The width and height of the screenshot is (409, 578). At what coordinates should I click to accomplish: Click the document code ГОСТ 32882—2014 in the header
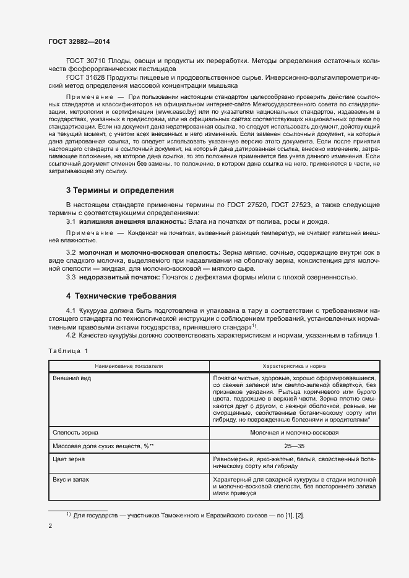click(x=79, y=41)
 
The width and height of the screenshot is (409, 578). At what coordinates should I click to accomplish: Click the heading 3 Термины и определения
click(x=119, y=190)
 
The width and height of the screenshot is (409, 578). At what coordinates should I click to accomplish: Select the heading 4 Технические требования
click(x=121, y=296)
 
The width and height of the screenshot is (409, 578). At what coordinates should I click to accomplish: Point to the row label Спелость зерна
click(x=75, y=433)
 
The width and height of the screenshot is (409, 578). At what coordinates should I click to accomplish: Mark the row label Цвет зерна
click(x=69, y=459)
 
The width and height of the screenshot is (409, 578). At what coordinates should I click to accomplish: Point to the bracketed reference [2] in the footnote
click(x=299, y=515)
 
